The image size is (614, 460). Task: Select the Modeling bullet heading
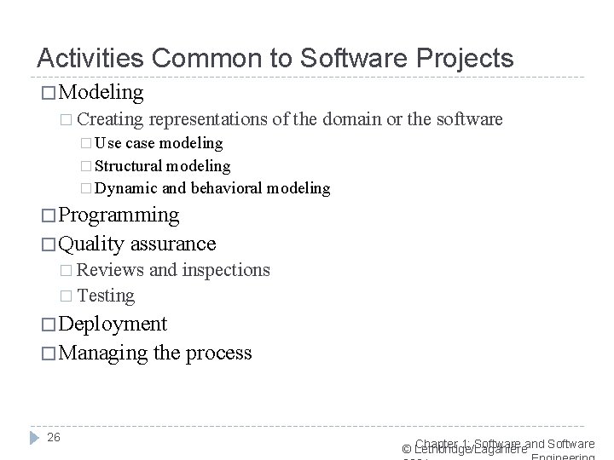(101, 91)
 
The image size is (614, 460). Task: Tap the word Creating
(111, 120)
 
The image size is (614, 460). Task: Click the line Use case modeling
(159, 143)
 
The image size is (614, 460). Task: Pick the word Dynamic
(128, 187)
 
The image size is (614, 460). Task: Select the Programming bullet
(119, 215)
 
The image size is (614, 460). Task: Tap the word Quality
(91, 244)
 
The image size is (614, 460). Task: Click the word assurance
(172, 244)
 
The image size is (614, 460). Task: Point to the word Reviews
(110, 271)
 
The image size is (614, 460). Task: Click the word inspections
(226, 271)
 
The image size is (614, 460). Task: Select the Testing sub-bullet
(106, 296)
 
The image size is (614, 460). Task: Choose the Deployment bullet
(113, 324)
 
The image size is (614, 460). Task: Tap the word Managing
(102, 353)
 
